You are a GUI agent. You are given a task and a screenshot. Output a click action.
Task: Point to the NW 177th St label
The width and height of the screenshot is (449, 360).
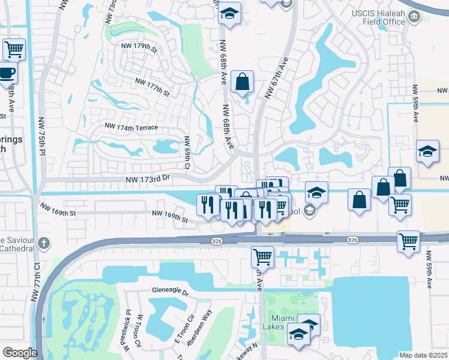(x=152, y=87)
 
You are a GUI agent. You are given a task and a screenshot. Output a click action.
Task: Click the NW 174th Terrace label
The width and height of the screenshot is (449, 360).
(x=131, y=127)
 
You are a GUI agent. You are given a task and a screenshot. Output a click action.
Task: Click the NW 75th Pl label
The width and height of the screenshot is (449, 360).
(x=42, y=136)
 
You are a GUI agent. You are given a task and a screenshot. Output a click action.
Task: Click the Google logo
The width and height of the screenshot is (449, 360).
(x=20, y=353)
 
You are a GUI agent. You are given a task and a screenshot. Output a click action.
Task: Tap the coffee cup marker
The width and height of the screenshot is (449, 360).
(x=6, y=73)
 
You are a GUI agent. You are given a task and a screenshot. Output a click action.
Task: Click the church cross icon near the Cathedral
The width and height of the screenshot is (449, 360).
(x=43, y=244)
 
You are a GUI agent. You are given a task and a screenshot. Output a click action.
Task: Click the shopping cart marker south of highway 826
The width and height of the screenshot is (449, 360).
(x=262, y=257)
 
